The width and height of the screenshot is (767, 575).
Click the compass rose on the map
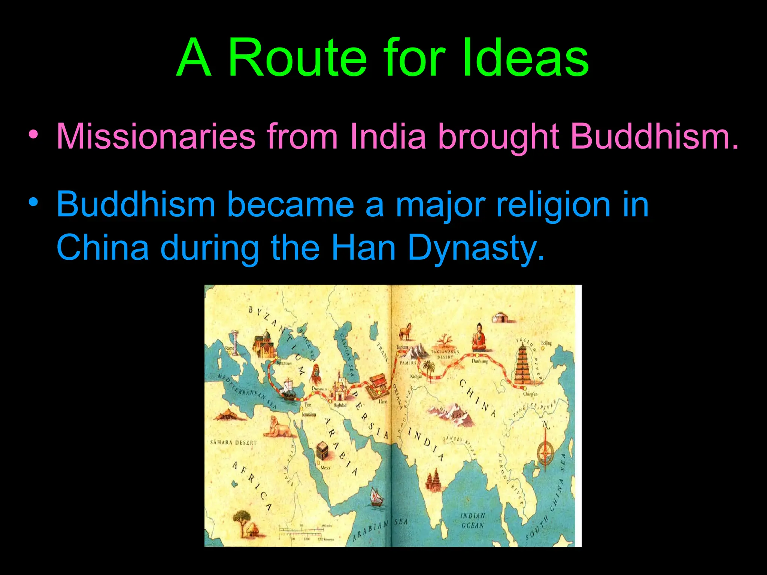pyautogui.click(x=545, y=453)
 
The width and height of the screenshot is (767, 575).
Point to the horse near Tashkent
pyautogui.click(x=405, y=332)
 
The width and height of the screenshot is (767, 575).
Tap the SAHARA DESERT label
pyautogui.click(x=233, y=442)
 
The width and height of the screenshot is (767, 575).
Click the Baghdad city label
pyautogui.click(x=340, y=405)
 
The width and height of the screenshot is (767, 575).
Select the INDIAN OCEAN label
pyautogui.click(x=473, y=520)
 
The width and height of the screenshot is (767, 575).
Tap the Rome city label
pyautogui.click(x=230, y=348)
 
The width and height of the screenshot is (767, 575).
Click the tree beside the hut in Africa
pyautogui.click(x=242, y=518)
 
